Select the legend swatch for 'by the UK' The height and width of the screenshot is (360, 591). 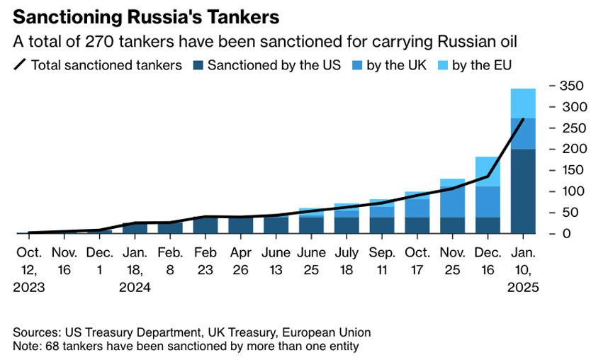point(355,65)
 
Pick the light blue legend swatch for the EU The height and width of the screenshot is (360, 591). point(441,65)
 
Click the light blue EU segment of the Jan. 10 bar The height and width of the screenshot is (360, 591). point(523,103)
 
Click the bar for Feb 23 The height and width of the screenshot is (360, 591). point(206,225)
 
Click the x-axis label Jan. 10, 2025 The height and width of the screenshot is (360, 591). point(524,269)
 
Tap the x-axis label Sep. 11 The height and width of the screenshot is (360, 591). point(382,261)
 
